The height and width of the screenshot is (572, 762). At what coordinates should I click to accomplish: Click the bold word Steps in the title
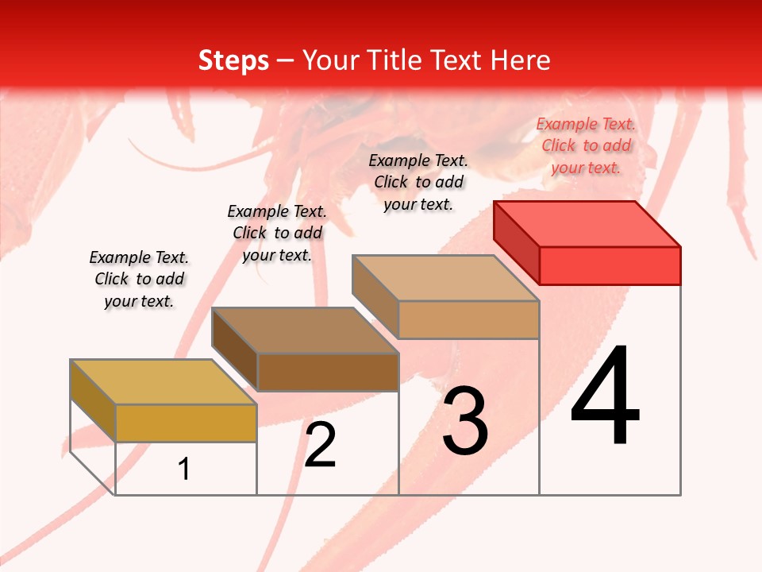pyautogui.click(x=233, y=60)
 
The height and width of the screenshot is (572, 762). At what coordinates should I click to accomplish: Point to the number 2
pyautogui.click(x=320, y=445)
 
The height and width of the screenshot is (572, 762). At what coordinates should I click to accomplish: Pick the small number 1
pyautogui.click(x=184, y=470)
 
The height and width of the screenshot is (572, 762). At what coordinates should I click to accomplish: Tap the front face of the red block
pyautogui.click(x=610, y=265)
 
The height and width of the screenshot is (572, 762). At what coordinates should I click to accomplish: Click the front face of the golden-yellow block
pyautogui.click(x=186, y=423)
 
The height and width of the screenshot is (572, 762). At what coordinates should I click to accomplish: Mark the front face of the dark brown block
pyautogui.click(x=327, y=372)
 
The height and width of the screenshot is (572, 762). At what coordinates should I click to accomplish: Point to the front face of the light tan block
pyautogui.click(x=468, y=319)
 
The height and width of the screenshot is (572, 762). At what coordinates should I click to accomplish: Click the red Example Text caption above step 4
pyautogui.click(x=586, y=145)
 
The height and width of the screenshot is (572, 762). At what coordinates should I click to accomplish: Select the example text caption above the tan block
pyautogui.click(x=418, y=182)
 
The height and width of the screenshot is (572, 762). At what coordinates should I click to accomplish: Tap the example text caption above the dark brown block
pyautogui.click(x=277, y=233)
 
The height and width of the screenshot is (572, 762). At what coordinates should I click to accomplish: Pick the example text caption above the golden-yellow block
pyautogui.click(x=139, y=279)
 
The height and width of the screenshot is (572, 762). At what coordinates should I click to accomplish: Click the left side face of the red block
pyautogui.click(x=516, y=242)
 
